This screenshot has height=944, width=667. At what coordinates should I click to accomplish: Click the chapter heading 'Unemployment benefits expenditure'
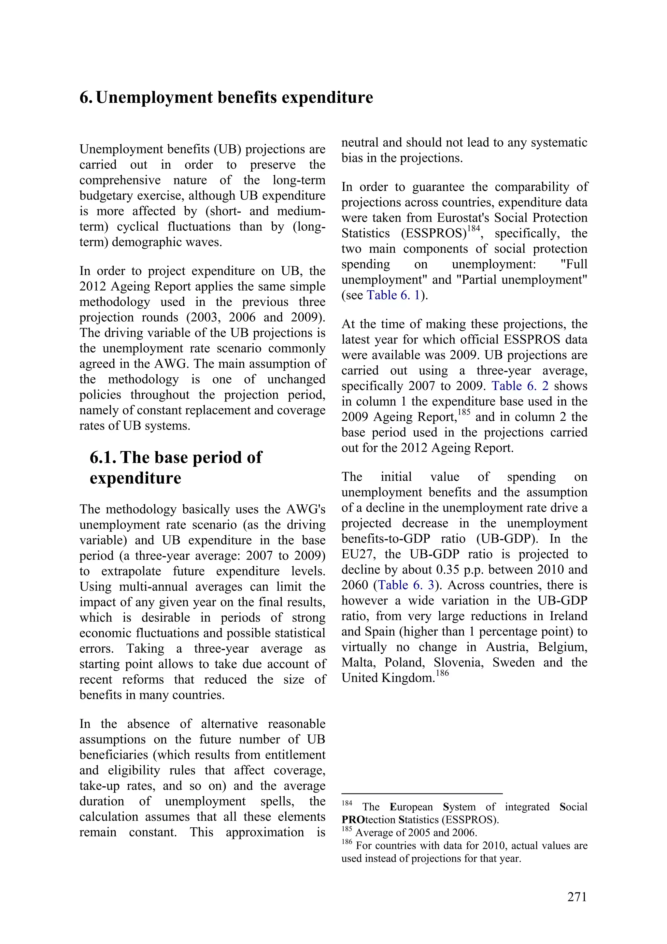click(x=234, y=97)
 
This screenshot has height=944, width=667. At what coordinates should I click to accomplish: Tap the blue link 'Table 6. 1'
click(x=393, y=295)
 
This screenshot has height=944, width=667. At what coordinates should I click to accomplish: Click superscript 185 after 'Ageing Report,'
click(x=464, y=413)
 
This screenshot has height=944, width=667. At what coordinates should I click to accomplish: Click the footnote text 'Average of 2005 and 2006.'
click(x=416, y=833)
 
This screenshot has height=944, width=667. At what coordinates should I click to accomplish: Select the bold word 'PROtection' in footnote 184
click(x=369, y=820)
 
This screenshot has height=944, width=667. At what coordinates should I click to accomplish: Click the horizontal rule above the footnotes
click(x=422, y=793)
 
